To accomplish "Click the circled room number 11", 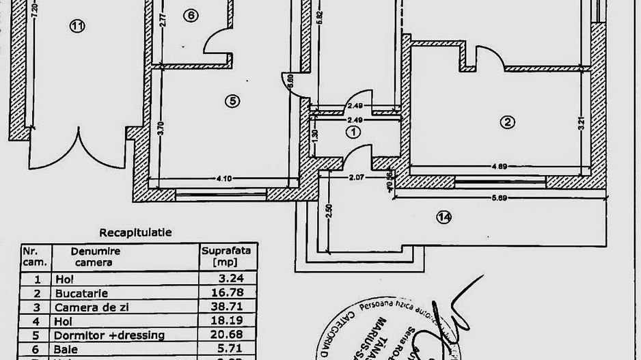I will coord(77,27).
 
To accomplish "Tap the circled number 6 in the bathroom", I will coord(191,16).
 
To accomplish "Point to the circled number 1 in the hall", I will coord(353,131).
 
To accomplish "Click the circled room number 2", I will coord(507,123).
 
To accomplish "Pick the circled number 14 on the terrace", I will coord(444,218).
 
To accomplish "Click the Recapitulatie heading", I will coord(135,233).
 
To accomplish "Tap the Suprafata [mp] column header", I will coord(226,256).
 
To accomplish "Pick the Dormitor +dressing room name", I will coord(109,335).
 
